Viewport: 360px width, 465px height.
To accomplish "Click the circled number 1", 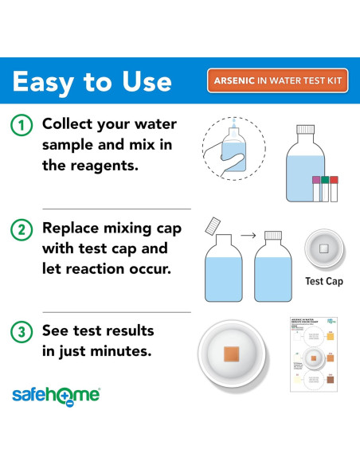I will [x=22, y=125].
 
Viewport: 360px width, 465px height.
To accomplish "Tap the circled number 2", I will [x=22, y=229].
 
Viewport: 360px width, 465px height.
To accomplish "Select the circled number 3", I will [x=22, y=330].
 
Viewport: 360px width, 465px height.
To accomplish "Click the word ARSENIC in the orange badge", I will [x=238, y=80].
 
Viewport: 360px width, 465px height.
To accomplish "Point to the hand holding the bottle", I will [x=225, y=156].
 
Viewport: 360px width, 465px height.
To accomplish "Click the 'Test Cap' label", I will [x=323, y=281].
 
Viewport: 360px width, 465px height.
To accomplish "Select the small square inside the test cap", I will [x=323, y=248].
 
